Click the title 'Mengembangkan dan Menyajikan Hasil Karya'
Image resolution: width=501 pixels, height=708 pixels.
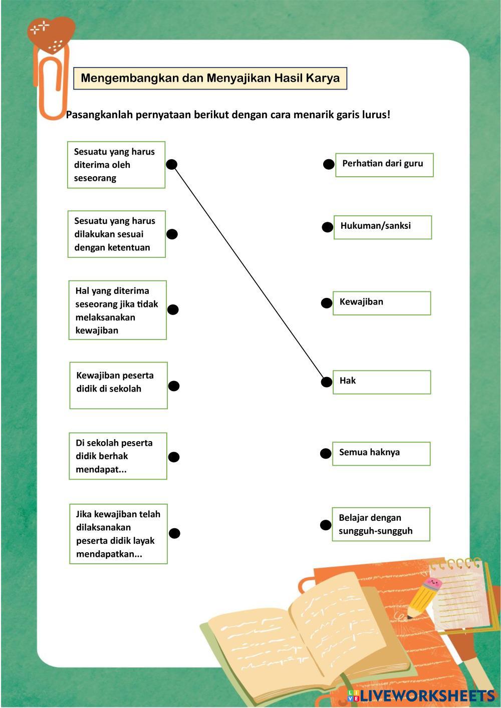[210, 79]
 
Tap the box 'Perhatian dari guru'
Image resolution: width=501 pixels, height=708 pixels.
[384, 165]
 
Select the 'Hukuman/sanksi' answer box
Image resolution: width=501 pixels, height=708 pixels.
[382, 227]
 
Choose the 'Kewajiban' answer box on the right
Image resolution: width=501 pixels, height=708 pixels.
[381, 303]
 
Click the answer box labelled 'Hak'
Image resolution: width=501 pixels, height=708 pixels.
[381, 382]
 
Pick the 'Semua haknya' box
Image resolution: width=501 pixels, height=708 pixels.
[381, 453]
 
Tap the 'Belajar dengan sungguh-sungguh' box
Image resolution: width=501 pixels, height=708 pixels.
[380, 524]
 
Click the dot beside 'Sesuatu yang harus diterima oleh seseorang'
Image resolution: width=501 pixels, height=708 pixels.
[172, 164]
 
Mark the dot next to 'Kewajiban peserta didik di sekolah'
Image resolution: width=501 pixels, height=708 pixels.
[173, 386]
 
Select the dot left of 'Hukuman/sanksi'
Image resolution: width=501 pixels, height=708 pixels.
[327, 227]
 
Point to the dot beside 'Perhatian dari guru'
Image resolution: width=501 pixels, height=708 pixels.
[328, 164]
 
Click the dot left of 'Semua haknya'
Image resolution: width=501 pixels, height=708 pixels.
[326, 454]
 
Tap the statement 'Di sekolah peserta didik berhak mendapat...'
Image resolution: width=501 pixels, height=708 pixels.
[118, 456]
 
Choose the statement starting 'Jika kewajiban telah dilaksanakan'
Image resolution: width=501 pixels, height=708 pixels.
[118, 534]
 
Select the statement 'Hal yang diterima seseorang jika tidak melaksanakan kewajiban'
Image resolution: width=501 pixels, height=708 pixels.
[117, 310]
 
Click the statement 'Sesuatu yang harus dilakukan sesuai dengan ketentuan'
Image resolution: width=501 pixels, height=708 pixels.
[116, 234]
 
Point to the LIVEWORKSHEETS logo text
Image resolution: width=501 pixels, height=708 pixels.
[426, 695]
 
